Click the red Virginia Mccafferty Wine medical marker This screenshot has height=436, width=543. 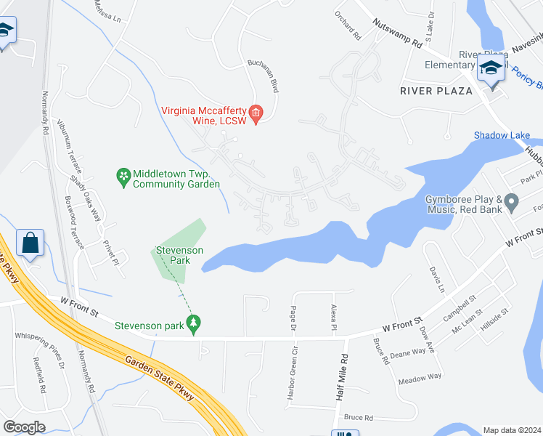point(256,113)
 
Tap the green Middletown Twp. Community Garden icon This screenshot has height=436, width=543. point(123,176)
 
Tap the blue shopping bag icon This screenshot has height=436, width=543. point(30,243)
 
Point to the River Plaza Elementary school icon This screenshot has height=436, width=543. point(491,70)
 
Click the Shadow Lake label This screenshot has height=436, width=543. point(502,136)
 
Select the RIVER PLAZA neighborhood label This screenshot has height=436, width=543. point(436,91)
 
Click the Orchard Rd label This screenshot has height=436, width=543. point(348,24)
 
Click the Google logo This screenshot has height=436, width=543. point(24,427)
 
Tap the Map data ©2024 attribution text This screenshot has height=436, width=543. point(512,430)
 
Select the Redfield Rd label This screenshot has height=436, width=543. point(40,374)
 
